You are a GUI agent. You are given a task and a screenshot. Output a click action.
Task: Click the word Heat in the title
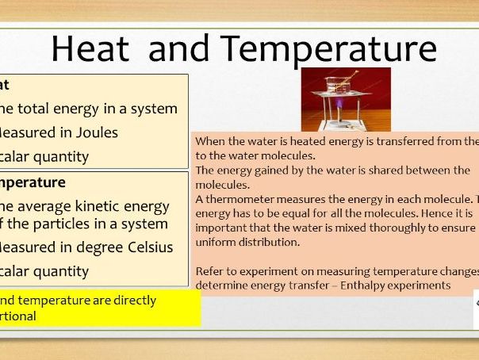(x=92, y=49)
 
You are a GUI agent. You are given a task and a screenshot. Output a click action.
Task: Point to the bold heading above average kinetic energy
(x=32, y=182)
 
